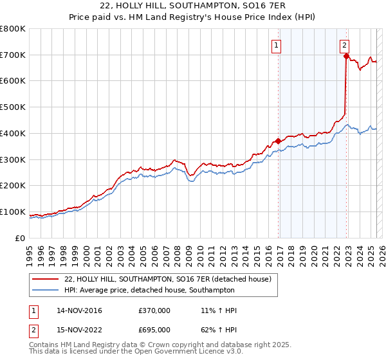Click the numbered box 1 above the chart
[276, 45]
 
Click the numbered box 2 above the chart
[345, 45]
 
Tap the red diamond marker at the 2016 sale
[278, 141]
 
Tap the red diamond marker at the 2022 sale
[346, 56]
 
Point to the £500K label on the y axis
[13, 107]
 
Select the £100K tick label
[13, 212]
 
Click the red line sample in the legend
[46, 279]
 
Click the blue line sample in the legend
[46, 289]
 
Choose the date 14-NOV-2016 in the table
[79, 310]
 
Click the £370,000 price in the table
[154, 310]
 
